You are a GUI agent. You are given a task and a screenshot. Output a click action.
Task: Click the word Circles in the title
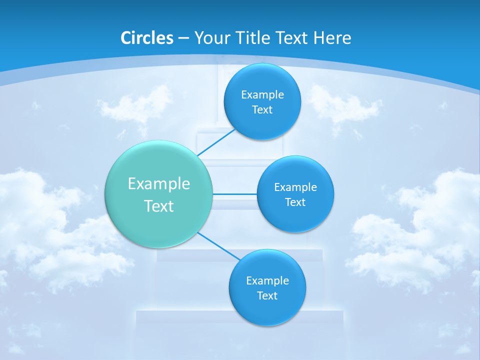147,38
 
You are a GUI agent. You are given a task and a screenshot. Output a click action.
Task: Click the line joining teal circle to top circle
216,142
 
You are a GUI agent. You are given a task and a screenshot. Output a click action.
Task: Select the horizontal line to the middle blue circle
234,193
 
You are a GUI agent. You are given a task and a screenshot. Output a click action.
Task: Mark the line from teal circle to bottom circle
219,246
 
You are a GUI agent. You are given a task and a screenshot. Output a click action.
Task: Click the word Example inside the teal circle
159,184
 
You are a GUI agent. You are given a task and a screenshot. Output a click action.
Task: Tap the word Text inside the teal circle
159,206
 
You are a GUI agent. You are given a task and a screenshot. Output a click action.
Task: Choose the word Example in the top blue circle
262,95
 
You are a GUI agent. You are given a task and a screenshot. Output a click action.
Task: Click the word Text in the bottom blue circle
267,295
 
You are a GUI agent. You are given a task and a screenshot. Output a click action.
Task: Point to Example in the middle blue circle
295,187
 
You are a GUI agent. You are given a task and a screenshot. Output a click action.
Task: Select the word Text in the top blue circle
262,109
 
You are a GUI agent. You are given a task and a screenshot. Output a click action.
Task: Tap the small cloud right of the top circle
342,105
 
